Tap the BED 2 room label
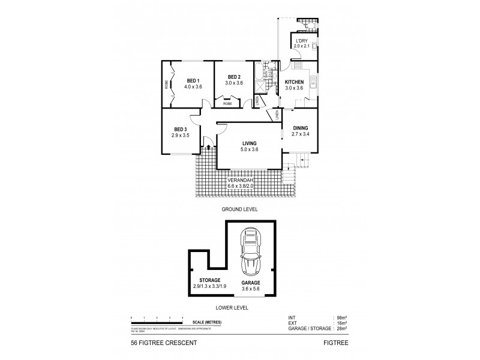(x=235, y=77)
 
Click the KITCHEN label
(x=294, y=82)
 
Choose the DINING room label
(x=300, y=127)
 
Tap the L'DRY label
(x=300, y=41)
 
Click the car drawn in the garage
(x=250, y=251)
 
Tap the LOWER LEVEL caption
(x=234, y=307)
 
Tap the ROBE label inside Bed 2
(x=227, y=104)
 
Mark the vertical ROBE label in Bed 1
(x=167, y=85)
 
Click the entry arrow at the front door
(x=208, y=145)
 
